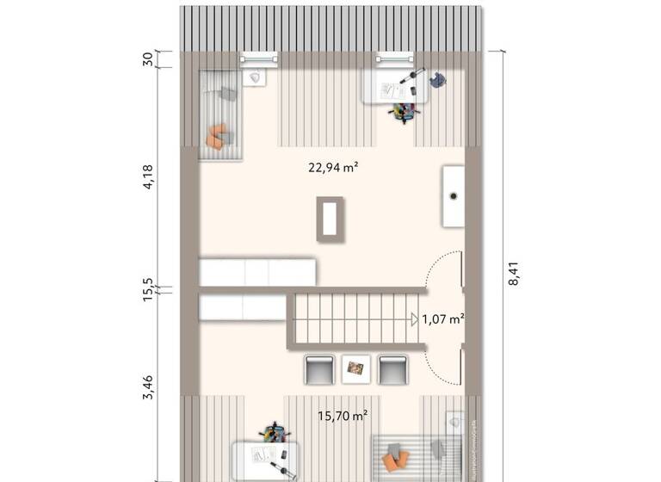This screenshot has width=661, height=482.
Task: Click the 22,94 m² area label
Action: click(x=332, y=168)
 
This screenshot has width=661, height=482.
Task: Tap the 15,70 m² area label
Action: click(x=343, y=415)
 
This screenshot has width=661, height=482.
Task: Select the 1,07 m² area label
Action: click(x=442, y=319)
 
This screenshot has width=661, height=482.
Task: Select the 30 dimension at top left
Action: click(x=147, y=59)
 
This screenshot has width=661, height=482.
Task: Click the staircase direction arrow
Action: click(x=415, y=319)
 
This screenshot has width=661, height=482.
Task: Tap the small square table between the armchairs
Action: click(x=355, y=369)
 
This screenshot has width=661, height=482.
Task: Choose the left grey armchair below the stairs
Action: click(x=318, y=369)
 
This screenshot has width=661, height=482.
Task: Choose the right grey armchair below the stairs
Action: click(x=392, y=369)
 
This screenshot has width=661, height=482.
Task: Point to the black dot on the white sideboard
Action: click(x=453, y=195)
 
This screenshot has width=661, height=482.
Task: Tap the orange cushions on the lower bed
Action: click(x=397, y=454)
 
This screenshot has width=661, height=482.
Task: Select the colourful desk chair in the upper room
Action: click(x=402, y=111)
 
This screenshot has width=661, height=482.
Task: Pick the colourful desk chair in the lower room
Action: click(x=274, y=431)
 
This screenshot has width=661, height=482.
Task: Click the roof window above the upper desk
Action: click(x=394, y=59)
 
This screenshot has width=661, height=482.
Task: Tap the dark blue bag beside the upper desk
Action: click(x=438, y=80)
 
